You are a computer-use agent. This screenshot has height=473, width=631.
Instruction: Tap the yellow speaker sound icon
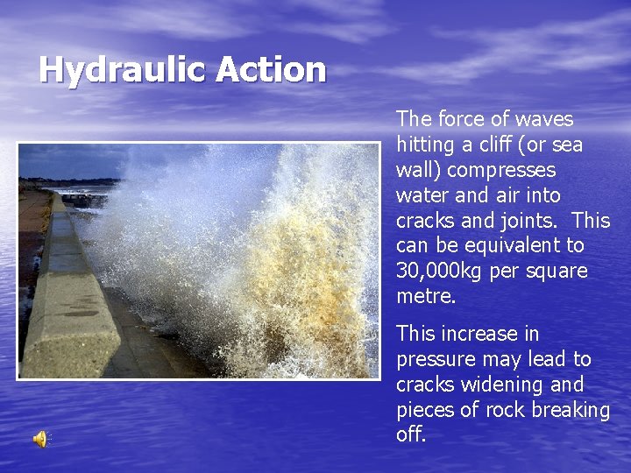point(40,440)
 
